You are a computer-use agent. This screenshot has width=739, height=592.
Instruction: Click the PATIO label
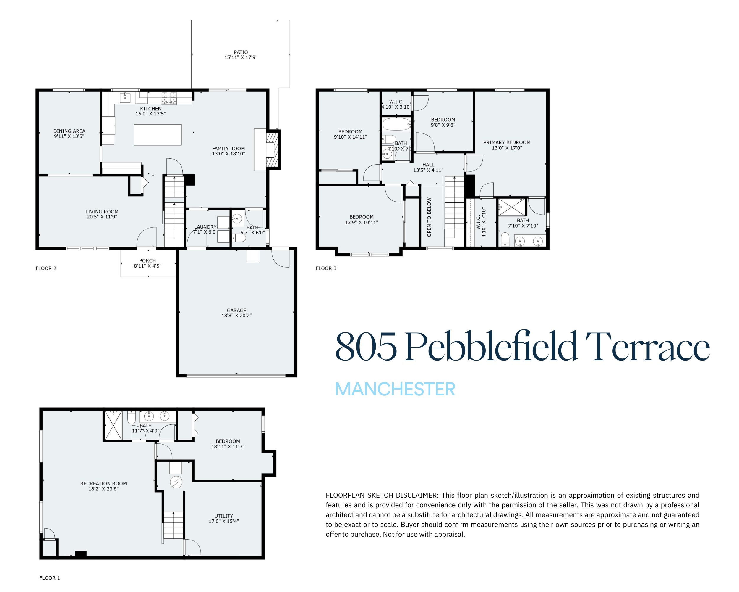(x=241, y=52)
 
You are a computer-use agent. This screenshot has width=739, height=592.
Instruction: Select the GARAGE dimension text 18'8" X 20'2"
(x=236, y=316)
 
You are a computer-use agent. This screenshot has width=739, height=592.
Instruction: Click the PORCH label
(x=148, y=261)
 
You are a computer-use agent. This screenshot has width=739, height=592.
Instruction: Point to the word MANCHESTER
(x=395, y=389)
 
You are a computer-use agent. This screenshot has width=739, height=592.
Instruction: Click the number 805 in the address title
(x=366, y=347)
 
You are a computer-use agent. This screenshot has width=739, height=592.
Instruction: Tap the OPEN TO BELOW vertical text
(x=429, y=217)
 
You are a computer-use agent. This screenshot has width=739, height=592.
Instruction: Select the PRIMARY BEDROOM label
(x=507, y=142)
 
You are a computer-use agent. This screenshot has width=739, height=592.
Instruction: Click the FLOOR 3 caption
(x=326, y=268)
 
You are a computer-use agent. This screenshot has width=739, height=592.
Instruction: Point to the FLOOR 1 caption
(x=50, y=578)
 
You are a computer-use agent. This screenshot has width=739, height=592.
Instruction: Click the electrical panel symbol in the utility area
(x=176, y=482)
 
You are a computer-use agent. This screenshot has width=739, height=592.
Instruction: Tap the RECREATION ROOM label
(x=103, y=484)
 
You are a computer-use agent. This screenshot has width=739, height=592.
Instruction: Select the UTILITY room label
(x=224, y=516)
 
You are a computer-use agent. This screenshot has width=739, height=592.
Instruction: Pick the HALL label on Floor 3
(x=428, y=165)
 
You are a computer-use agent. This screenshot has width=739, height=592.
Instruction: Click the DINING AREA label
(x=69, y=131)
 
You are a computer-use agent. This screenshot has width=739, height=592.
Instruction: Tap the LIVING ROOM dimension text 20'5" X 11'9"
(x=102, y=217)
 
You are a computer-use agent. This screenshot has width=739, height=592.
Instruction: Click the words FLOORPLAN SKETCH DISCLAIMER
(x=382, y=495)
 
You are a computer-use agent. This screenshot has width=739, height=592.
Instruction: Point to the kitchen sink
(x=125, y=98)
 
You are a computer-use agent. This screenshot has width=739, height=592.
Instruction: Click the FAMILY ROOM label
(x=228, y=149)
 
